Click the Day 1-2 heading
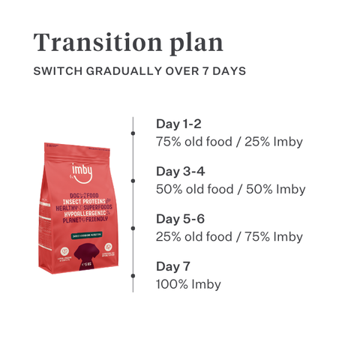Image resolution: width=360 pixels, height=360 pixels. click(x=178, y=124)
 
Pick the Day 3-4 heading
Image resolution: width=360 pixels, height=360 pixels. click(x=179, y=171)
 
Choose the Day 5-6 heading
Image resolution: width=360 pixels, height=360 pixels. click(x=179, y=219)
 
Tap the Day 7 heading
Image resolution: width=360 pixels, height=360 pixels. click(x=173, y=266)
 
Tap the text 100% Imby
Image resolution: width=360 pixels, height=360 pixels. click(x=188, y=284)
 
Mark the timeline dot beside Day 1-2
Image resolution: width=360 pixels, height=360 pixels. click(x=133, y=132)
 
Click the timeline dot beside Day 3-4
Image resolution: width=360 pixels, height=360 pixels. click(x=133, y=180)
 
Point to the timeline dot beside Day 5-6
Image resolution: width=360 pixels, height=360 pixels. click(x=133, y=228)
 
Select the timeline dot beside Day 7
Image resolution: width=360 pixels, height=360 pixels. click(x=133, y=275)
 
